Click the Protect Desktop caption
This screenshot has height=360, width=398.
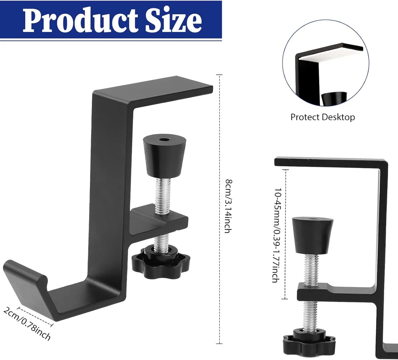tap(322, 117)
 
